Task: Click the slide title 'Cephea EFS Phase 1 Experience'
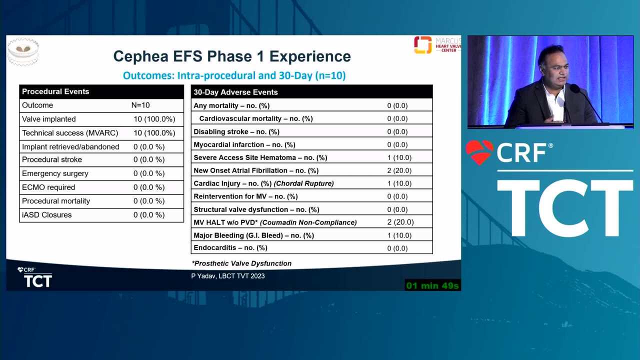[x=232, y=56]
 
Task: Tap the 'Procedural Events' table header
[x=55, y=91]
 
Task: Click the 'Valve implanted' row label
[x=49, y=119]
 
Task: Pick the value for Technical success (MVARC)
[x=154, y=133]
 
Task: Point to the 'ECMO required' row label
[x=48, y=187]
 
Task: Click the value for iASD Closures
[x=149, y=215]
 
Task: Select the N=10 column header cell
[x=140, y=105]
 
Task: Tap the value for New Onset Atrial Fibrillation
[x=399, y=170]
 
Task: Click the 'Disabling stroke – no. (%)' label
[x=236, y=131]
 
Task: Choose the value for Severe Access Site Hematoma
[x=399, y=157]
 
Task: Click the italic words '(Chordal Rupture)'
[x=303, y=183]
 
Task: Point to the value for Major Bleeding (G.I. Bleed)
[x=399, y=235]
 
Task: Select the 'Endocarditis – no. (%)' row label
[x=230, y=247]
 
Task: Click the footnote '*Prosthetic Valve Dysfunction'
[x=241, y=263]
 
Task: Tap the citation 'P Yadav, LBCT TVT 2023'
[x=228, y=276]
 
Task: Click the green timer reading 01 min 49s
[x=432, y=285]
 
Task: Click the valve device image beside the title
[x=23, y=51]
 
